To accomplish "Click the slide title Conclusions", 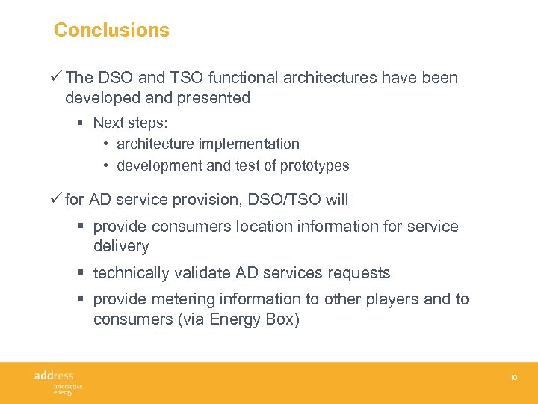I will [x=111, y=30].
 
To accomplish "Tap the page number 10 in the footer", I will [x=513, y=378].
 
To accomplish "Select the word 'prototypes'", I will [x=314, y=165].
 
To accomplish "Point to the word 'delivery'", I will [x=121, y=246].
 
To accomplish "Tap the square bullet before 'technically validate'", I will [x=82, y=273].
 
